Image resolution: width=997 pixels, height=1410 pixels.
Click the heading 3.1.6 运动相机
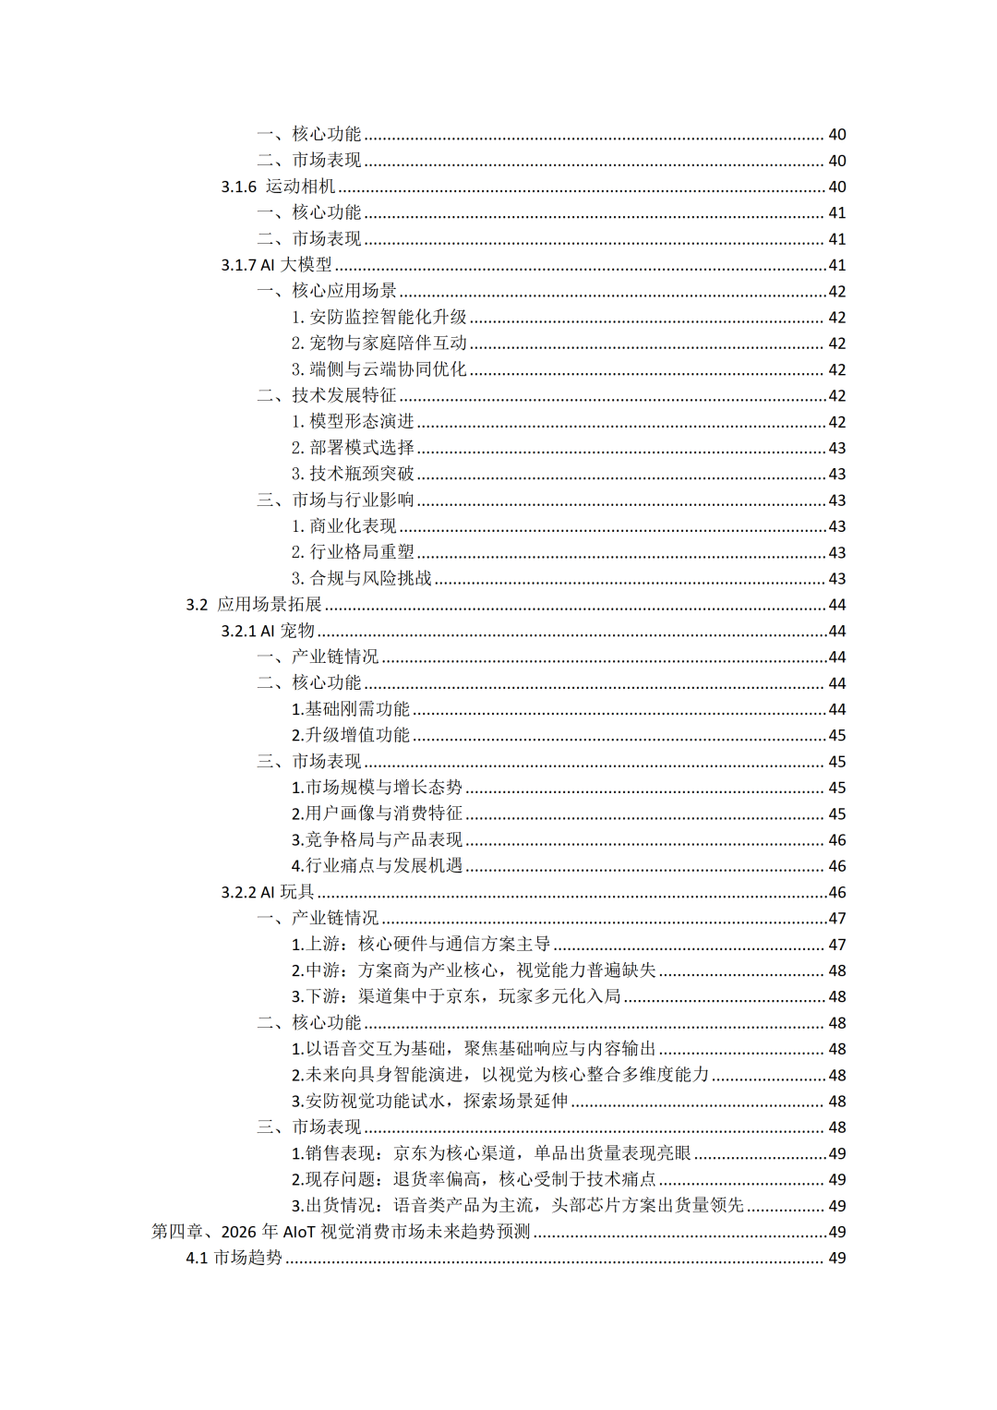[278, 187]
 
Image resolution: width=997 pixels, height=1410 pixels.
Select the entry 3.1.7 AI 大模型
[276, 265]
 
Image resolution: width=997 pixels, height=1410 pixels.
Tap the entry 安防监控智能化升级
[379, 317]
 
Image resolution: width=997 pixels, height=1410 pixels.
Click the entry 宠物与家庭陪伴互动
[379, 343]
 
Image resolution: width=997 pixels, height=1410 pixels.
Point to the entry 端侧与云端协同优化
[379, 369]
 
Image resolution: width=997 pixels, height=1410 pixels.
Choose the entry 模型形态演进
[353, 421]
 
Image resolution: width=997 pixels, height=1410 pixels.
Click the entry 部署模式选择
[353, 448]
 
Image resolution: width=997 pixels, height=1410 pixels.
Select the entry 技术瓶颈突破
[353, 474]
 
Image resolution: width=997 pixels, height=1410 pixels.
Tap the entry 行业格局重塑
[353, 552]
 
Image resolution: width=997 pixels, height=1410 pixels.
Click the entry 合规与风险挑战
[362, 578]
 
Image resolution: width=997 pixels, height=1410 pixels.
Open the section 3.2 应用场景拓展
[254, 605]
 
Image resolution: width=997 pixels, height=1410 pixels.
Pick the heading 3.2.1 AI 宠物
[268, 631]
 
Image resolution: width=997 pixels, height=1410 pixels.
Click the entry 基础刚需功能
[351, 709]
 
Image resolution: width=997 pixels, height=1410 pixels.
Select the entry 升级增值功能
[351, 735]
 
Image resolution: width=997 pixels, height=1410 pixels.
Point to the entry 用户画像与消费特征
[377, 813]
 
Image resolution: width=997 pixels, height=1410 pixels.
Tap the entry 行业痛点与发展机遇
[377, 866]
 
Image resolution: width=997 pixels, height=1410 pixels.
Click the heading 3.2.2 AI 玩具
[268, 892]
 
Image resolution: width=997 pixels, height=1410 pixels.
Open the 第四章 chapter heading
[341, 1232]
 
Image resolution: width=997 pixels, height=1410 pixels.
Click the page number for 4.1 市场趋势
[836, 1258]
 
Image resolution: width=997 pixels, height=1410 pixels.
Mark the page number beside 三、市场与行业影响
[836, 500]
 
